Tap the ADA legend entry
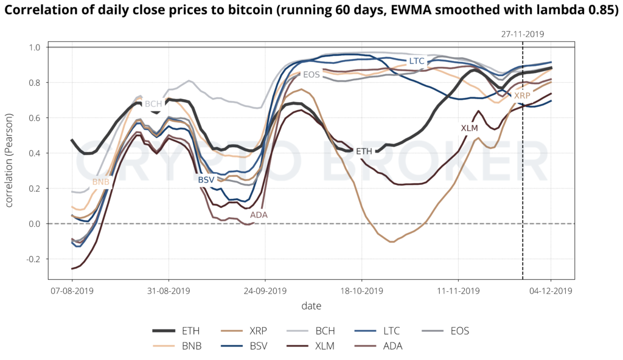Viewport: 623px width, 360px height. tap(392, 347)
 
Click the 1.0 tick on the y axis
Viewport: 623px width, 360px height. tap(34, 47)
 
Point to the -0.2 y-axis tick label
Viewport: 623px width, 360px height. tap(32, 259)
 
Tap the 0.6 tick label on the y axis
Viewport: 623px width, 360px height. tap(34, 118)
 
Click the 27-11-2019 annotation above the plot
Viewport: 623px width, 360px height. tap(523, 35)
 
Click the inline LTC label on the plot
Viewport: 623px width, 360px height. tap(417, 61)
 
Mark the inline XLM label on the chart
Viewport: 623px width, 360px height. tap(469, 128)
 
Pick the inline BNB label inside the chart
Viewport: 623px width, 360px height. tap(101, 182)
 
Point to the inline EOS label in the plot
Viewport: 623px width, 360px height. tap(311, 75)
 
